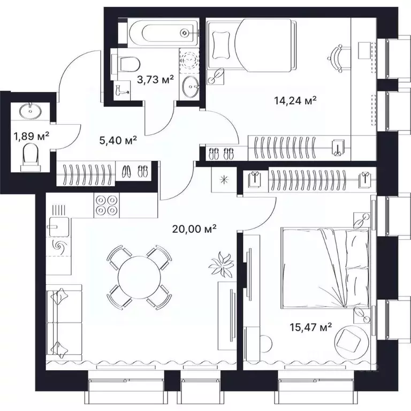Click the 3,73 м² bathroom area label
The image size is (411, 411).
pyautogui.click(x=156, y=80)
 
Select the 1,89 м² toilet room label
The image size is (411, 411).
pyautogui.click(x=32, y=135)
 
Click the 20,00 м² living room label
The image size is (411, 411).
pyautogui.click(x=194, y=229)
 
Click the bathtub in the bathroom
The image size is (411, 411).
pyautogui.click(x=159, y=33)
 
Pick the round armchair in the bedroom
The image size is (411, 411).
pyautogui.click(x=352, y=338)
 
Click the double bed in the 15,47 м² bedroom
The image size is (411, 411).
pyautogui.click(x=325, y=268)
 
